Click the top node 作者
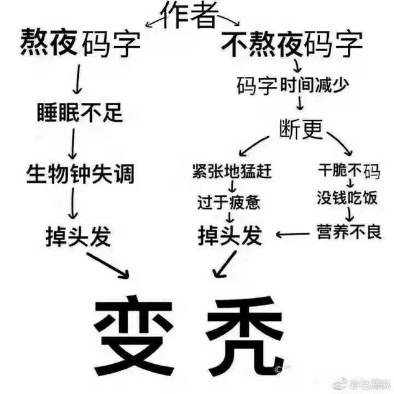tap(190, 15)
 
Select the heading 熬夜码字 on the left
tap(80, 42)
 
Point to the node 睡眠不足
tap(80, 112)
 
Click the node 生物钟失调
tap(80, 174)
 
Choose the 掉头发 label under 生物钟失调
tap(78, 236)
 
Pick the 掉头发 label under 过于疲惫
tap(230, 235)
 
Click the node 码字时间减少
tap(293, 86)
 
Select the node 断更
tap(301, 129)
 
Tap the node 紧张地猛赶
tap(231, 171)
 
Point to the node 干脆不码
tap(349, 171)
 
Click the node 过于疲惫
tap(228, 203)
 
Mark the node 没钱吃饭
tap(347, 198)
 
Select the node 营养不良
tap(349, 231)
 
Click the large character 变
tap(134, 336)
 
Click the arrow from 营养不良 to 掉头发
tap(293, 235)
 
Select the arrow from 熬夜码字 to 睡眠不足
tap(78, 79)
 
